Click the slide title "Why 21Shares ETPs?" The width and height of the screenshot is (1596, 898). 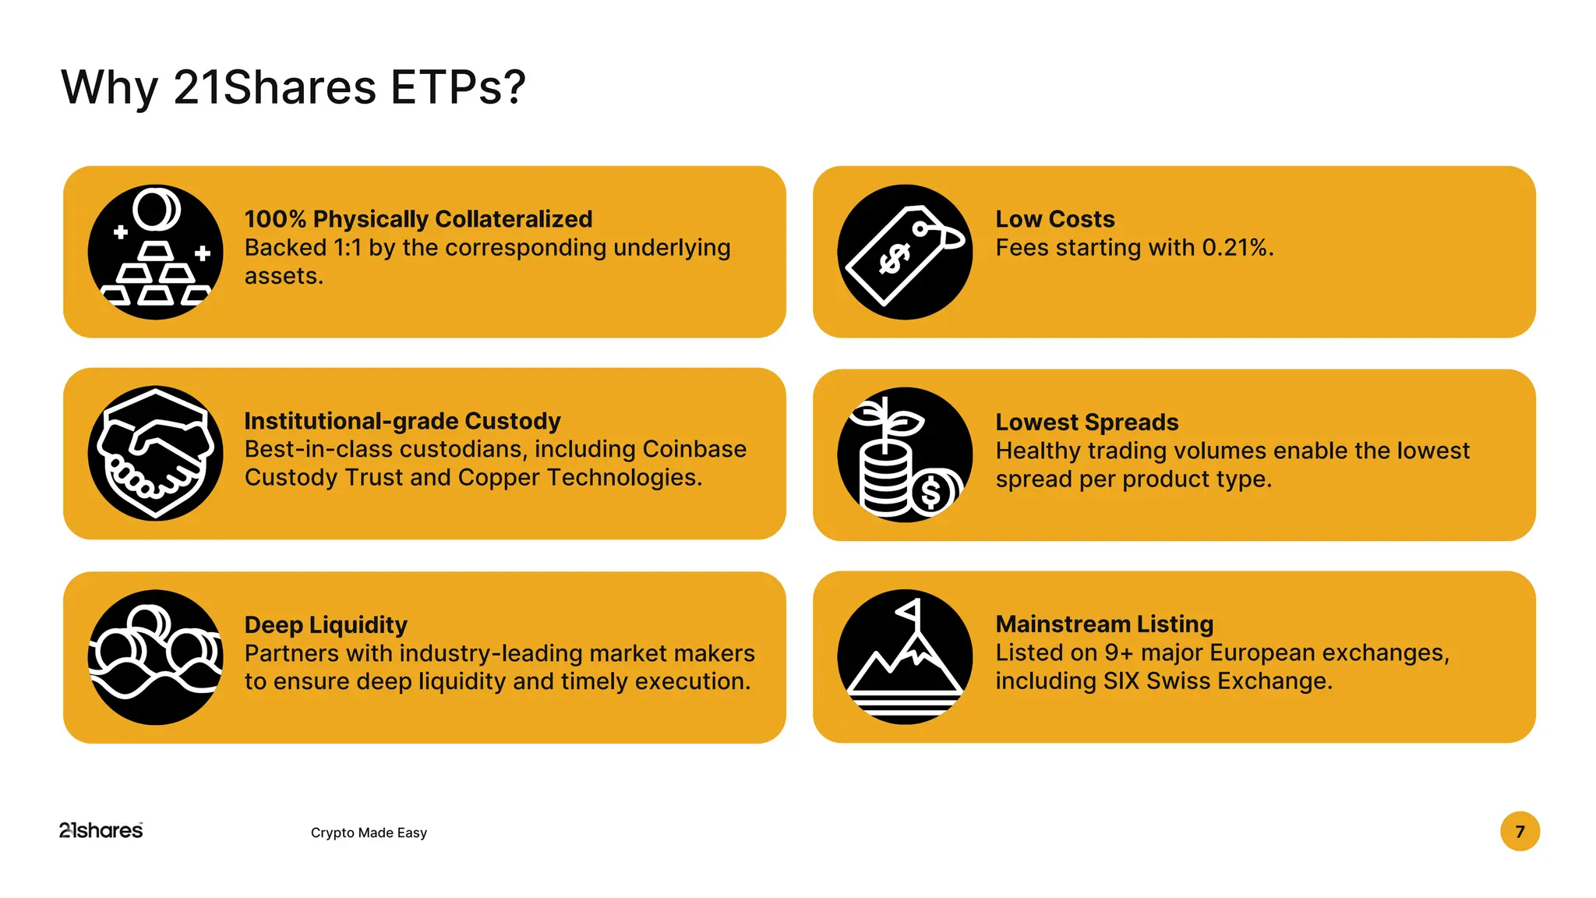[x=293, y=87]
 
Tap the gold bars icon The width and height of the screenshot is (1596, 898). [x=156, y=252]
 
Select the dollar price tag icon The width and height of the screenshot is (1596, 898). [x=905, y=252]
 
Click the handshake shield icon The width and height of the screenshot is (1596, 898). [x=156, y=454]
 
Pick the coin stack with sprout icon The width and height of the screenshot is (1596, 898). [x=905, y=454]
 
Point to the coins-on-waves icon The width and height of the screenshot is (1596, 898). [x=156, y=657]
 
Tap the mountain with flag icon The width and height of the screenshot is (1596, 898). [x=905, y=657]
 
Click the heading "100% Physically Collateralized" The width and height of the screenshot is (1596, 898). [x=418, y=219]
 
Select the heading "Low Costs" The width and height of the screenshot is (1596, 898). [x=1054, y=219]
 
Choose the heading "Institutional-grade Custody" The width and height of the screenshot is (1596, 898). [x=402, y=421]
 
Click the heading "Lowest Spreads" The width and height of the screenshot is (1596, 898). [x=1086, y=422]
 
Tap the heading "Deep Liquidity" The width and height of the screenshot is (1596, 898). [x=326, y=624]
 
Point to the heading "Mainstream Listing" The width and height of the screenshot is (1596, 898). [x=1104, y=624]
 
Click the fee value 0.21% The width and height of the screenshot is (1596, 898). [x=1237, y=248]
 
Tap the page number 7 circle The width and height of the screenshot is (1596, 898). [x=1520, y=832]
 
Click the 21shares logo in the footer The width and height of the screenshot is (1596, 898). [x=101, y=831]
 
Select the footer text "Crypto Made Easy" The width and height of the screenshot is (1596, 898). [x=369, y=833]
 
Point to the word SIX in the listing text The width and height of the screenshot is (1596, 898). [x=1121, y=681]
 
